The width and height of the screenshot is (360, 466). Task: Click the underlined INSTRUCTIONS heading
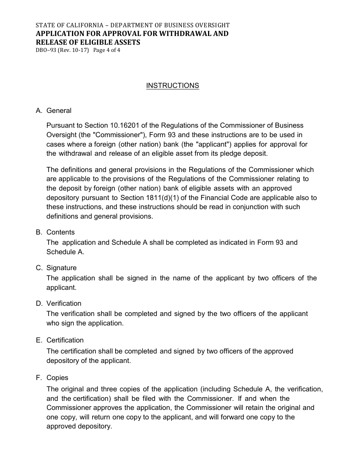pyautogui.click(x=172, y=86)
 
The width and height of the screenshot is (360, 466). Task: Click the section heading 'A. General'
pyautogui.click(x=53, y=111)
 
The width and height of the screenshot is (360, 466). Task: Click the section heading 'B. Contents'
pyautogui.click(x=55, y=232)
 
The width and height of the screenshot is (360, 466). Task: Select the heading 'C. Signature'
pyautogui.click(x=56, y=268)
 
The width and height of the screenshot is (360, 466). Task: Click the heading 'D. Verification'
pyautogui.click(x=58, y=303)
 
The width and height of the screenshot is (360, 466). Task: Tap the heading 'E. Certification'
pyautogui.click(x=59, y=340)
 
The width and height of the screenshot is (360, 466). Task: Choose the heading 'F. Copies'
pyautogui.click(x=52, y=378)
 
